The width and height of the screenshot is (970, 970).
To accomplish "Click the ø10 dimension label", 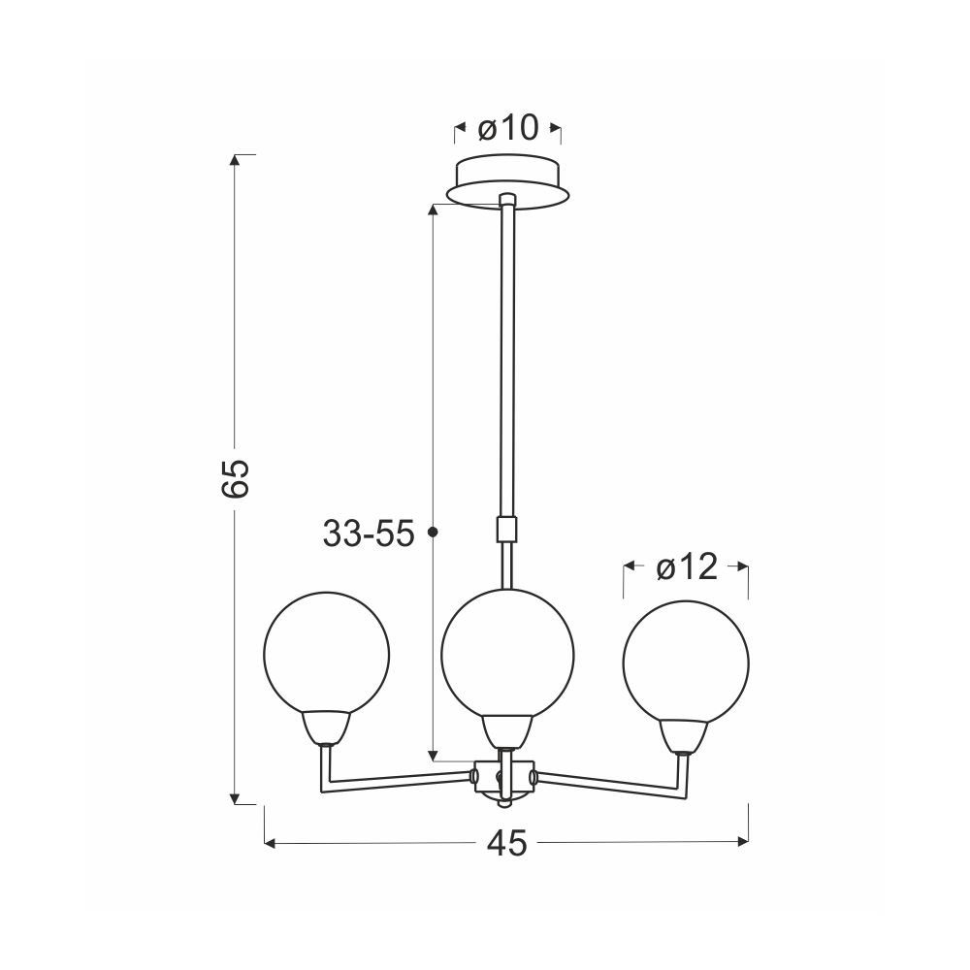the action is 508,129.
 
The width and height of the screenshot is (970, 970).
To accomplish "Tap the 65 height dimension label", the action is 235,479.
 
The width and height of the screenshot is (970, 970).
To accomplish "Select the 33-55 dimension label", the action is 368,533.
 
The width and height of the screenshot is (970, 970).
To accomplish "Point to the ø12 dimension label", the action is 687,566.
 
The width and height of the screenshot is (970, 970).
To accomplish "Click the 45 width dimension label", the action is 507,842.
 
